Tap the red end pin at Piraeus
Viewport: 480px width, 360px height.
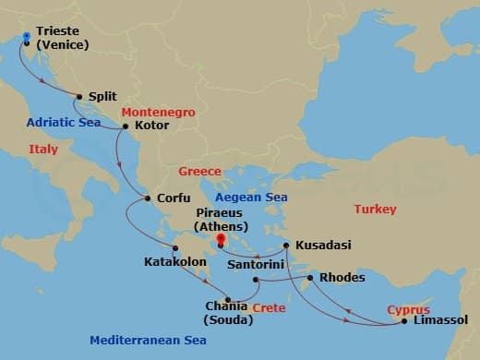tap(220, 240)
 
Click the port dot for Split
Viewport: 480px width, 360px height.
tap(79, 96)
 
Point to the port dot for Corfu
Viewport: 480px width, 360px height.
tap(146, 198)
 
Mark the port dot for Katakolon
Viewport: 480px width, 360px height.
tap(175, 247)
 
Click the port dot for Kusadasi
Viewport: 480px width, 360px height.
tap(287, 245)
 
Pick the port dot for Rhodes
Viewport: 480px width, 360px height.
tap(310, 277)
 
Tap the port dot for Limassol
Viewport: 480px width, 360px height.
tap(404, 321)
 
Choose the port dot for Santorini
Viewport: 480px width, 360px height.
tap(255, 278)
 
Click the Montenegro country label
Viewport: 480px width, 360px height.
tap(159, 112)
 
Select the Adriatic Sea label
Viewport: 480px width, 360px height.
tap(63, 121)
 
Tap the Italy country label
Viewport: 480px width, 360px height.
tap(43, 149)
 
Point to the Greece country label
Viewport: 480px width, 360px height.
tap(199, 172)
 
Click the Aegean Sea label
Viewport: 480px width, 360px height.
tap(251, 198)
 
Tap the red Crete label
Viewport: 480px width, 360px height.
tap(269, 308)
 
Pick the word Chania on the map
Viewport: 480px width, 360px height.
tap(227, 306)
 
